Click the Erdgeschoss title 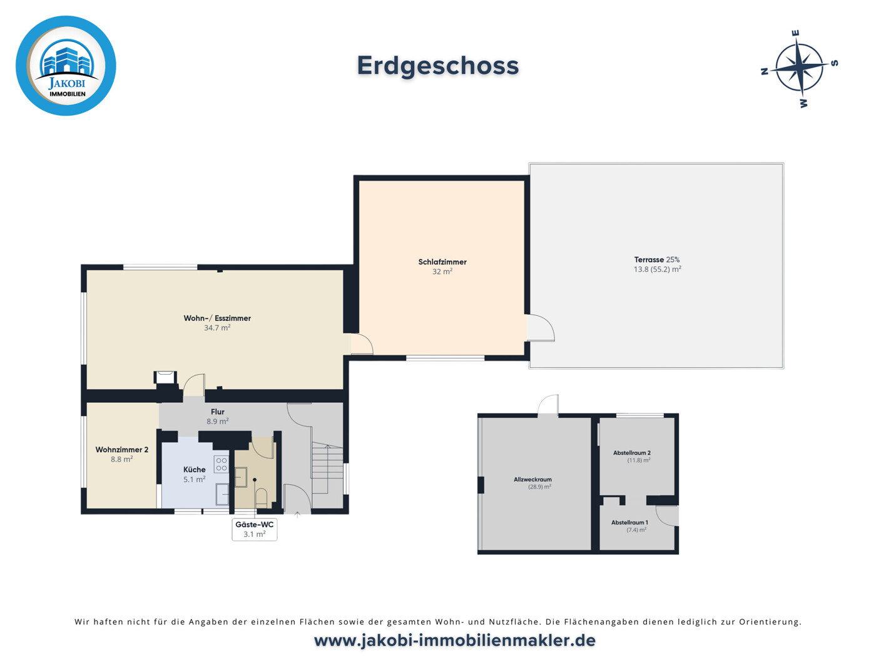pyautogui.click(x=438, y=66)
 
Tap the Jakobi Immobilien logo pyautogui.click(x=66, y=66)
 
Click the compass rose pyautogui.click(x=800, y=68)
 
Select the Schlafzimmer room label pyautogui.click(x=442, y=262)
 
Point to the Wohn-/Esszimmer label pyautogui.click(x=217, y=318)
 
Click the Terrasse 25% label pyautogui.click(x=657, y=260)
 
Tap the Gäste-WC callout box pyautogui.click(x=255, y=529)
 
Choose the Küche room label pyautogui.click(x=195, y=469)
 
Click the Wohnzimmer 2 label pyautogui.click(x=122, y=450)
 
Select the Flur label pyautogui.click(x=218, y=412)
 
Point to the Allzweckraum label pyautogui.click(x=532, y=479)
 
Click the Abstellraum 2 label pyautogui.click(x=632, y=453)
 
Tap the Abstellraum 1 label pyautogui.click(x=629, y=522)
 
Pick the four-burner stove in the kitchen pyautogui.click(x=222, y=464)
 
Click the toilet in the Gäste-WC pyautogui.click(x=262, y=497)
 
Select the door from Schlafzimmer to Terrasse pyautogui.click(x=541, y=328)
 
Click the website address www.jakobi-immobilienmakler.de pyautogui.click(x=454, y=641)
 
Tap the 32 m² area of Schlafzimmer pyautogui.click(x=442, y=271)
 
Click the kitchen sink pyautogui.click(x=222, y=494)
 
